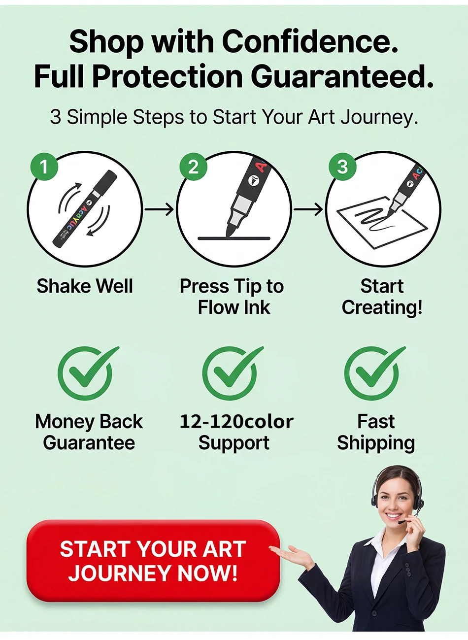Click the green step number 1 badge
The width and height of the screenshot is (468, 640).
44,167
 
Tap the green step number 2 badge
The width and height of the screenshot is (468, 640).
193,167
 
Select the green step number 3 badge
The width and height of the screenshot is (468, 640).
342,167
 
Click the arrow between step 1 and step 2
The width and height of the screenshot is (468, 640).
159,209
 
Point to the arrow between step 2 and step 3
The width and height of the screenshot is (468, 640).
308,209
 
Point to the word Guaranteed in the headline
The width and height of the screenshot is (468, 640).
342,76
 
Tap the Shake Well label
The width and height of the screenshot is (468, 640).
85,286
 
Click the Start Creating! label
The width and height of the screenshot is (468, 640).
382,297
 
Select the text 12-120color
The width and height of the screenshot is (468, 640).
236,422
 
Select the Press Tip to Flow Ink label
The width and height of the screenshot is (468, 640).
232,297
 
